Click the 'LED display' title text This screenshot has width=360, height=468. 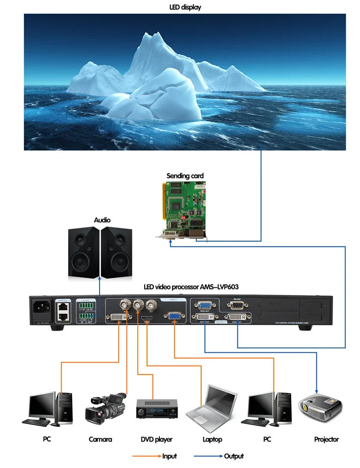(x=185, y=7)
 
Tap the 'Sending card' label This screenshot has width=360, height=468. (x=185, y=176)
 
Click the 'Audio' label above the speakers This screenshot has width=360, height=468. (x=102, y=220)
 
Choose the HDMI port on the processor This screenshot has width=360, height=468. (x=146, y=319)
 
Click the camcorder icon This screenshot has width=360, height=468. (x=105, y=408)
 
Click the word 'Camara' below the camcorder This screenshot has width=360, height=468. (x=101, y=439)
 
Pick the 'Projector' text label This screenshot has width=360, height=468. (x=326, y=439)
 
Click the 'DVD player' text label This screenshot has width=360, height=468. (x=156, y=439)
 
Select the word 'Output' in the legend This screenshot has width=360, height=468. (x=234, y=456)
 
